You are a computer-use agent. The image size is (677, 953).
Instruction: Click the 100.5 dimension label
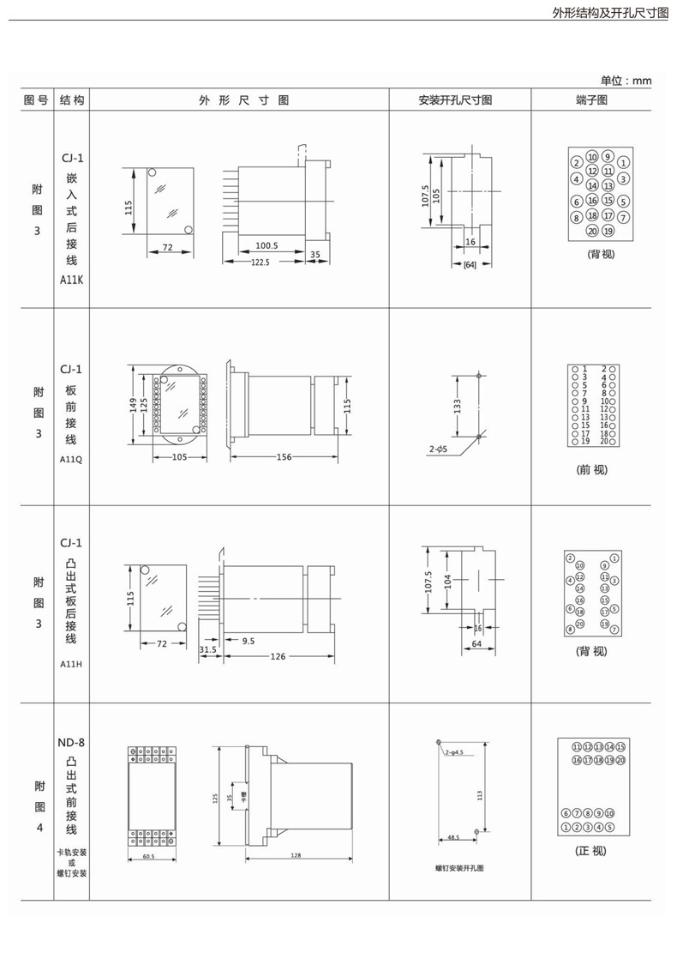(x=267, y=246)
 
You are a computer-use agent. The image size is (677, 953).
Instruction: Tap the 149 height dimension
(x=133, y=404)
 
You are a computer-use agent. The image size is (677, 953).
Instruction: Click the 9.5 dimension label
(x=249, y=641)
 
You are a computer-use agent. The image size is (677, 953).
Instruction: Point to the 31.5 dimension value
(x=207, y=649)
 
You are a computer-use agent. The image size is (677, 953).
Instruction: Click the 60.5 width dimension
(x=148, y=856)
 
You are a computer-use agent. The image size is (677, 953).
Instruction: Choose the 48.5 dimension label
(x=452, y=836)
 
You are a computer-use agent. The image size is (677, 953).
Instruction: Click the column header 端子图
(x=591, y=100)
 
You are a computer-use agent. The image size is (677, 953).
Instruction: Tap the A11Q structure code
(x=71, y=458)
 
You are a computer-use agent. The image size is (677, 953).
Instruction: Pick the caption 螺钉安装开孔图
(x=459, y=869)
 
